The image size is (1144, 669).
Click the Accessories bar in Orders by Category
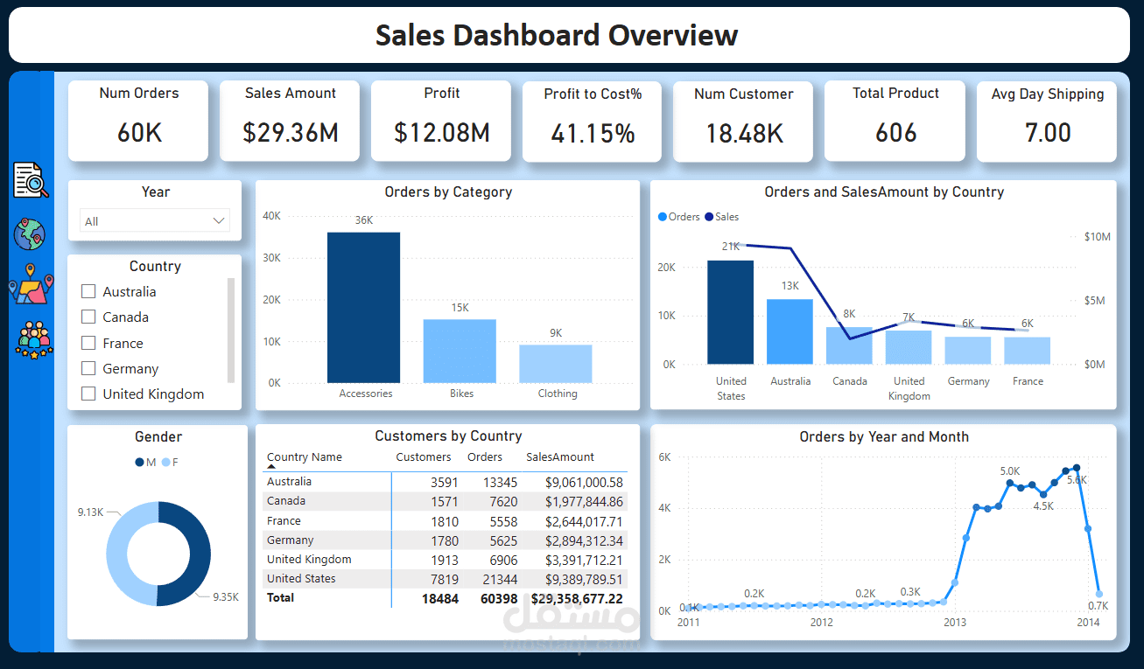pyautogui.click(x=363, y=307)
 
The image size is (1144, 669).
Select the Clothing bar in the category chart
pyautogui.click(x=555, y=363)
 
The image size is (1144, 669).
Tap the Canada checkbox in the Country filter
pyautogui.click(x=88, y=317)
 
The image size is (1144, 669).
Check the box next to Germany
pyautogui.click(x=88, y=368)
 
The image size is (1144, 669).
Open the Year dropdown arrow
pyautogui.click(x=219, y=221)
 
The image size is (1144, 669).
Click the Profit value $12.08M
pyautogui.click(x=441, y=133)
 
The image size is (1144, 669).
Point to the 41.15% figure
pyautogui.click(x=593, y=134)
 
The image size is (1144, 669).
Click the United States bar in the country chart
pyautogui.click(x=730, y=312)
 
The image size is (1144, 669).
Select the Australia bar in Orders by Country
pyautogui.click(x=790, y=331)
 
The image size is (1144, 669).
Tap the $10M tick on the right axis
pyautogui.click(x=1097, y=237)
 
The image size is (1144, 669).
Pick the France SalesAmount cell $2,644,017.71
pyautogui.click(x=584, y=521)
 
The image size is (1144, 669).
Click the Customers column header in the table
pyautogui.click(x=423, y=457)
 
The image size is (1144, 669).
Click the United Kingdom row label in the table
pyautogui.click(x=309, y=560)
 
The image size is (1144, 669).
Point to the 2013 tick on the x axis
pyautogui.click(x=955, y=623)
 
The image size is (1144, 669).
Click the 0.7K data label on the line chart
pyautogui.click(x=1098, y=606)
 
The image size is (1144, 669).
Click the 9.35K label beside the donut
pyautogui.click(x=225, y=597)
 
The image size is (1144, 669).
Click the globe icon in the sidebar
pyautogui.click(x=30, y=234)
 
